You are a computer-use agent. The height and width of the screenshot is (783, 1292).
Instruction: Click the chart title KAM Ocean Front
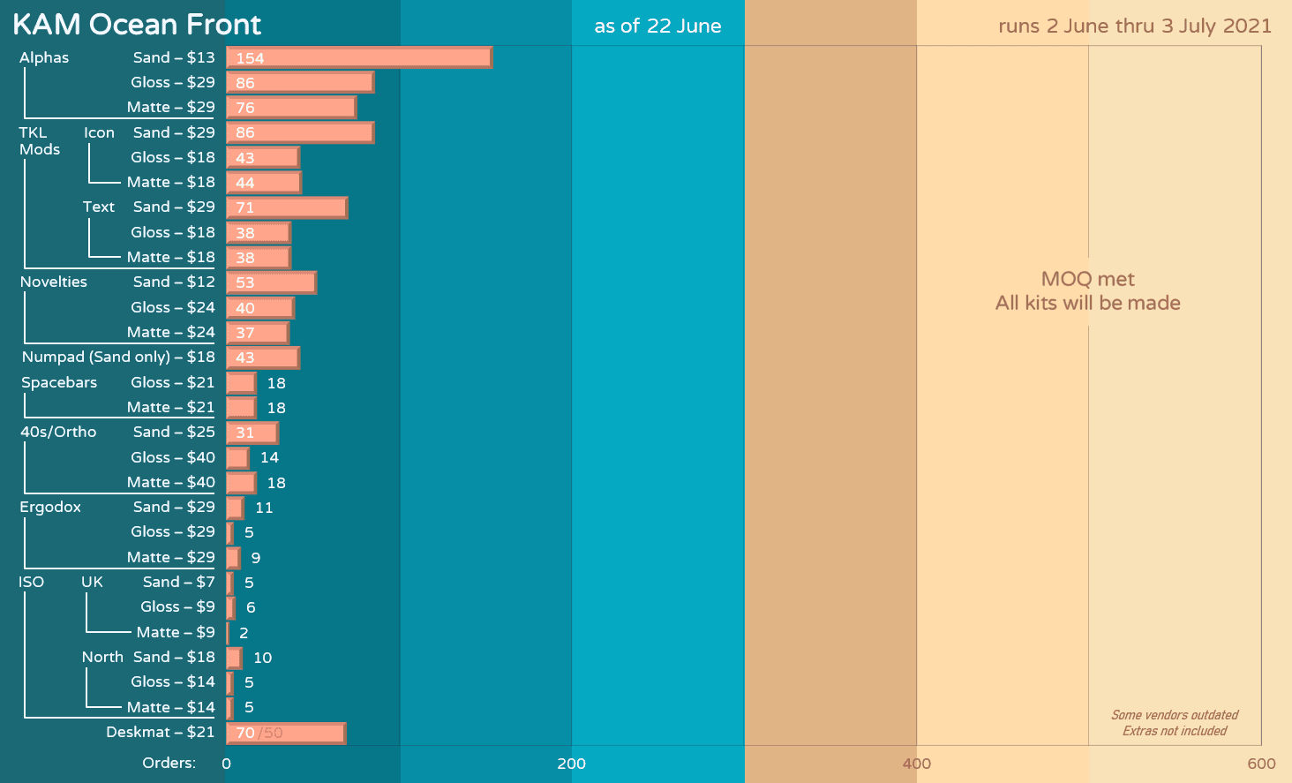coord(137,25)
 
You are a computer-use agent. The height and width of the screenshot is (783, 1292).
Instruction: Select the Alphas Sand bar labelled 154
coord(358,57)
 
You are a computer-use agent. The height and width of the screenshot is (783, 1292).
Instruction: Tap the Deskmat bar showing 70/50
coord(285,733)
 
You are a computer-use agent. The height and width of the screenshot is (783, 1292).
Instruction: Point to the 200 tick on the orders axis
coord(571,764)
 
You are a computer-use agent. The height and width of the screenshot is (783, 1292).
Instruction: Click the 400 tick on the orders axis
coord(916,764)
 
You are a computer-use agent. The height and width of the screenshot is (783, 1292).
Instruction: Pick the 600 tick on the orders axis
coord(1261,764)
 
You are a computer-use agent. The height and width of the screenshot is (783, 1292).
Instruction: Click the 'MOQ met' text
coord(1087,279)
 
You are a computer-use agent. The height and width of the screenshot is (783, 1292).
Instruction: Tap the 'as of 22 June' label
coord(657,26)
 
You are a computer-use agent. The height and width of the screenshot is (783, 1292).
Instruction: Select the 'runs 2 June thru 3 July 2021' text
coord(1135,26)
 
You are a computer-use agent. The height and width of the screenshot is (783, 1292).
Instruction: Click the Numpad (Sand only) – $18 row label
coord(118,357)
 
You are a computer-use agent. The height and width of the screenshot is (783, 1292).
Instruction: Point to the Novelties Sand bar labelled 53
coord(271,282)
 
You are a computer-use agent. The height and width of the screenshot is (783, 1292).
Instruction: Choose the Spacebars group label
coord(59,382)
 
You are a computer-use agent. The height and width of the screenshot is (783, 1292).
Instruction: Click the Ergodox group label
coord(50,507)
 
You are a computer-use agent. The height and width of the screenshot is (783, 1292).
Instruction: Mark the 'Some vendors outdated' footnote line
coord(1175,715)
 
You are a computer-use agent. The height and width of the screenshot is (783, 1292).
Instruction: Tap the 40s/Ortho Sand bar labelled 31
coord(252,433)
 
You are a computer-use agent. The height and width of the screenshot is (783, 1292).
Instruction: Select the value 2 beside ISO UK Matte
coord(244,633)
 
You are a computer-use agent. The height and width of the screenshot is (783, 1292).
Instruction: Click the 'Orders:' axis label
coord(169,763)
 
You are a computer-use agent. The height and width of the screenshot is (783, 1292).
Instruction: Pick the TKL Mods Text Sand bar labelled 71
coord(286,207)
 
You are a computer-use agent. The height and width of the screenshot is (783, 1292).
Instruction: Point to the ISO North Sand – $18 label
coord(148,657)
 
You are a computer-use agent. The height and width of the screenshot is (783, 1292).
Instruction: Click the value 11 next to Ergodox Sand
coord(264,508)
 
